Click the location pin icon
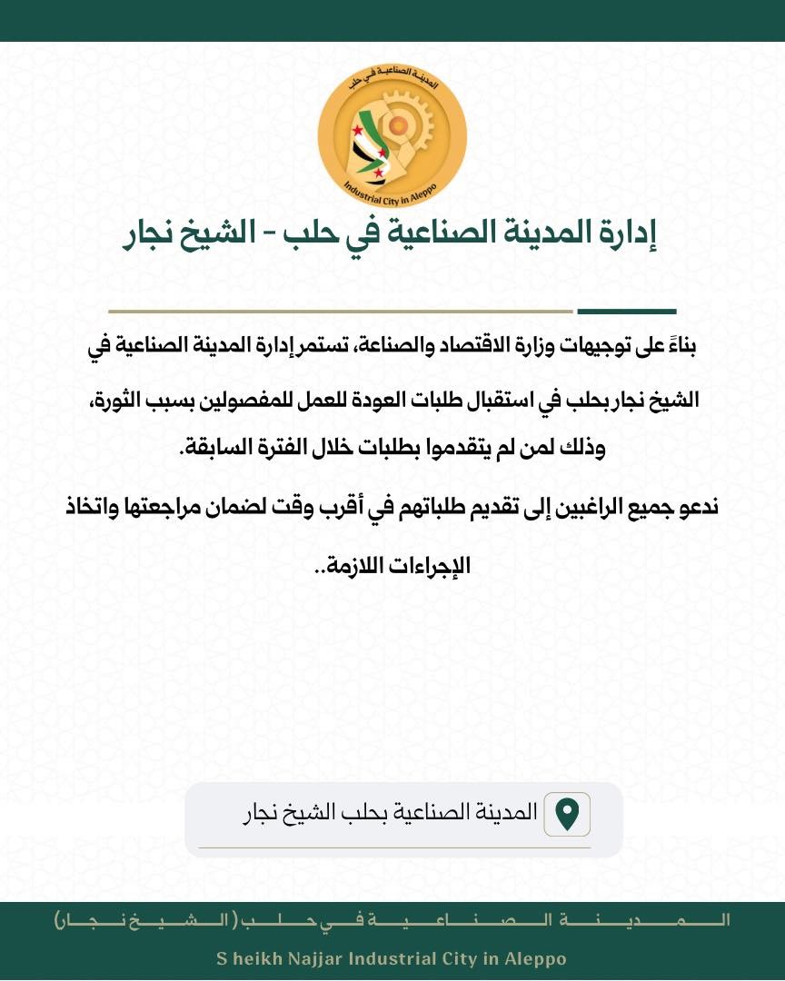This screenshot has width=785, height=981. pos(567,813)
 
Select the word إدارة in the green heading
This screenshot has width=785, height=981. pos(627,233)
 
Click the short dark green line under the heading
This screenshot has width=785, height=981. pos(626,312)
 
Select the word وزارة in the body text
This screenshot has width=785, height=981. pos(522,346)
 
